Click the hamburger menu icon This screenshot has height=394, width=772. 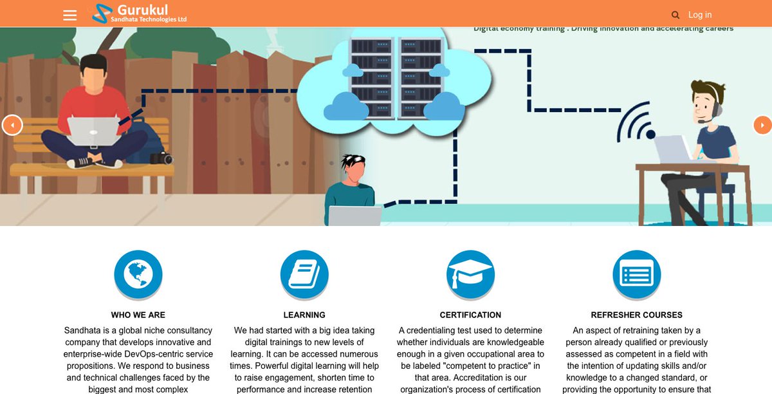point(70,15)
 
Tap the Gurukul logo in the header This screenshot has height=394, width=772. point(139,14)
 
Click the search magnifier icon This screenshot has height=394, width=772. point(675,15)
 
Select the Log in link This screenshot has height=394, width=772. point(700,15)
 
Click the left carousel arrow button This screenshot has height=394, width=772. point(12,125)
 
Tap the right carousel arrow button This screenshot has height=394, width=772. point(762,125)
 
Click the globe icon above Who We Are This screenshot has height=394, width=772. point(138,275)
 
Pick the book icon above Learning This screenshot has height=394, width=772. point(304,275)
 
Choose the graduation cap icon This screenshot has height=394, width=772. point(470,275)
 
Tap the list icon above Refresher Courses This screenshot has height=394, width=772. point(636,275)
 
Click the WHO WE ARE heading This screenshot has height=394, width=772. point(138,315)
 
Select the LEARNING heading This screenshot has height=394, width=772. point(304,315)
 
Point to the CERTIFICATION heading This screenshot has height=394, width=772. point(470,315)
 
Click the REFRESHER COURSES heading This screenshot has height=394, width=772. point(636,315)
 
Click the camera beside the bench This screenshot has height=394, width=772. point(162,158)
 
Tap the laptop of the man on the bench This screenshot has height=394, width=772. point(93,131)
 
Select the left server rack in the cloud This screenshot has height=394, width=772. point(372,77)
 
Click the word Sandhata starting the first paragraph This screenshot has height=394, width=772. point(82,330)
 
